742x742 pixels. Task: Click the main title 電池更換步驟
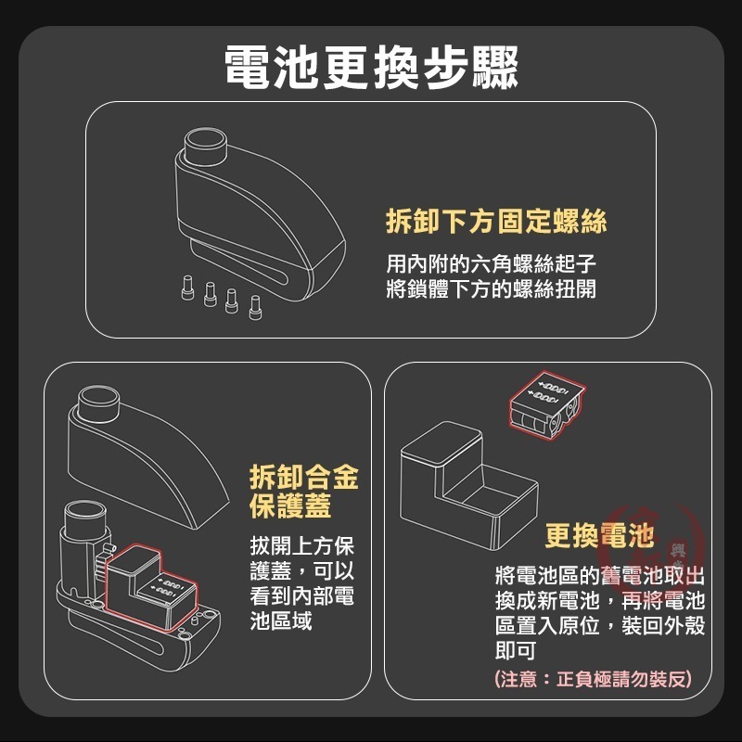371,68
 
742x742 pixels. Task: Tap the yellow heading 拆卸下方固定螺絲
496,221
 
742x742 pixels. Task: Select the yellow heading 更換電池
599,535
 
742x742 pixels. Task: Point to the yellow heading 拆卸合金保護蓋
304,492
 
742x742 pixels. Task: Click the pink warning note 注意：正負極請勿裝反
593,679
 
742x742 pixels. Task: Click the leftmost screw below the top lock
187,288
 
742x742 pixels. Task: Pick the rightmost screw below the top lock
255,308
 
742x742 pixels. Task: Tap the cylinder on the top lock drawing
205,145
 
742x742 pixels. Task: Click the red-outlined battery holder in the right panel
547,406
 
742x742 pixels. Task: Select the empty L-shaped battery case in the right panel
468,486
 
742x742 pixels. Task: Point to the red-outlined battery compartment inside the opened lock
150,587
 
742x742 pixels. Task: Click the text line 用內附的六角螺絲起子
491,263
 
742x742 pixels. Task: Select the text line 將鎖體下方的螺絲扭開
491,288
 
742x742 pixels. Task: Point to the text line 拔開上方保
302,546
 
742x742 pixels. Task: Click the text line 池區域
281,620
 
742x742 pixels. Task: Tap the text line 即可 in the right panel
516,650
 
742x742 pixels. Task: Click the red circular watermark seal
656,549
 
